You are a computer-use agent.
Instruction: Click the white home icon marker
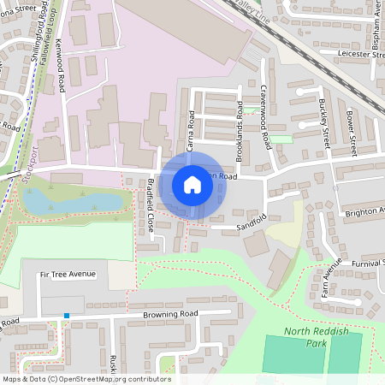coord(192,184)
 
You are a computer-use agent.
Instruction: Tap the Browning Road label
coord(170,314)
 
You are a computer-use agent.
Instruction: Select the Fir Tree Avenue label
coord(68,274)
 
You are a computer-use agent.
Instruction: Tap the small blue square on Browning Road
coord(66,317)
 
